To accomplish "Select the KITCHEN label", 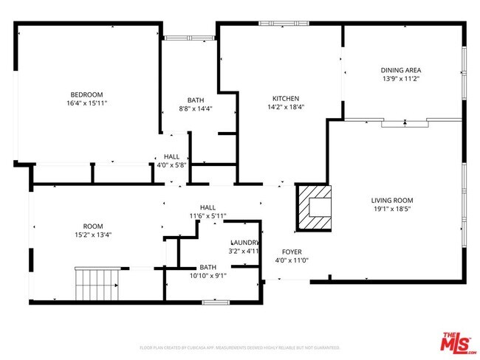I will [285, 98].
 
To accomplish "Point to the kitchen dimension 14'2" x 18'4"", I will [285, 107].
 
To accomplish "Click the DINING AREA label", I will [401, 71].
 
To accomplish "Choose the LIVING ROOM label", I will [392, 200].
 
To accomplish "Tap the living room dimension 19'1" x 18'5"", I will [392, 210].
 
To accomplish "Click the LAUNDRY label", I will [244, 243].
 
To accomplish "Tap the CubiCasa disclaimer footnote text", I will [239, 347].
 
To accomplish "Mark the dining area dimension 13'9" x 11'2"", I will [401, 79].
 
